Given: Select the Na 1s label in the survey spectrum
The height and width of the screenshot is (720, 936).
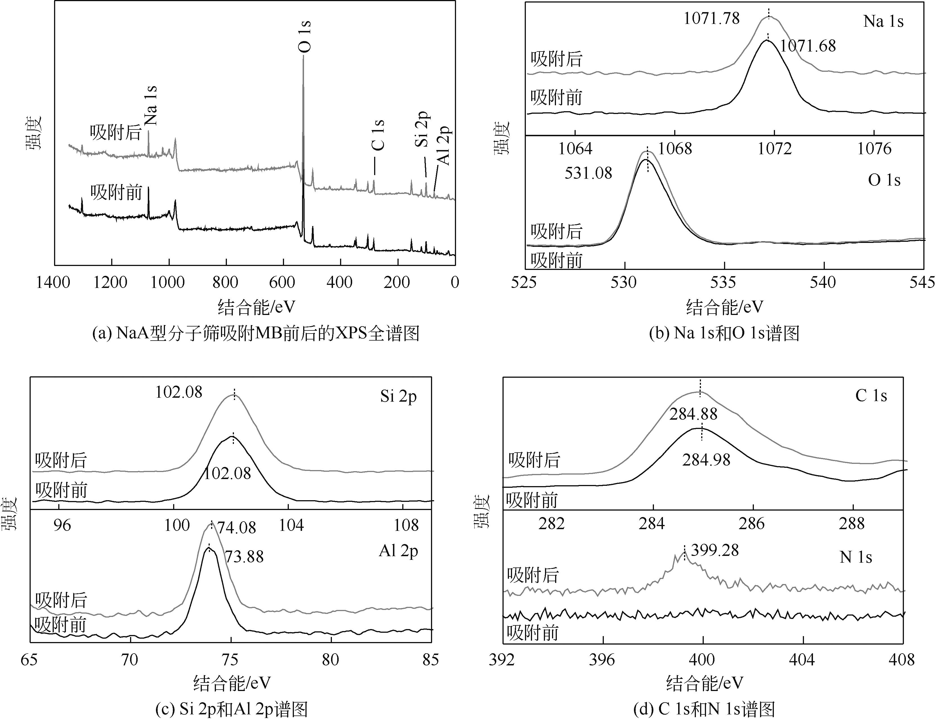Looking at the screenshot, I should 151,106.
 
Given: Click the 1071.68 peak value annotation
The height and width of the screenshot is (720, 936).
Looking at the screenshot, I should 808,46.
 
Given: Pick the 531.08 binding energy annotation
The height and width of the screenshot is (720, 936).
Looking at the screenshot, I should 588,173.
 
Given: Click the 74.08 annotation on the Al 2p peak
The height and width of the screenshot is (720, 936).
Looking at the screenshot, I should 236,527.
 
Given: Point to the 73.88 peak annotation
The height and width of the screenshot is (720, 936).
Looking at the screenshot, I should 244,557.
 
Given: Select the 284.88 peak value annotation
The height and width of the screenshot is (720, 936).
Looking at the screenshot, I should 693,414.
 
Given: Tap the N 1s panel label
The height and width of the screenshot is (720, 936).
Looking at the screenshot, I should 855,557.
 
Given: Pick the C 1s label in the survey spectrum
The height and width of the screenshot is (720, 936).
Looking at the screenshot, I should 378,135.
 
